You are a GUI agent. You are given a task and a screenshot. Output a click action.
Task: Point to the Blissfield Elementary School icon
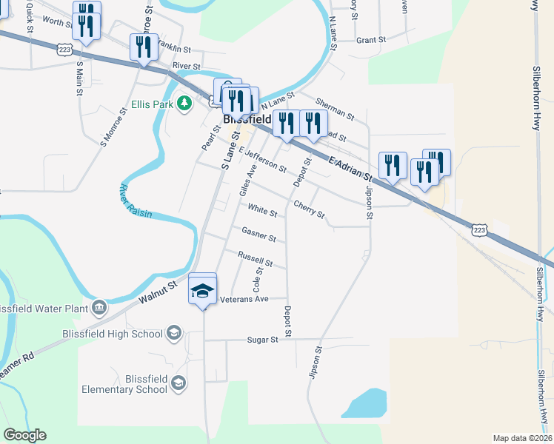click(178, 383)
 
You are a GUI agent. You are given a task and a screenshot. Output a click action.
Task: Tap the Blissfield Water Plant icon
click(99, 307)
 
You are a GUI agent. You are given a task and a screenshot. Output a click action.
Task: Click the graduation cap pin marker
click(203, 289)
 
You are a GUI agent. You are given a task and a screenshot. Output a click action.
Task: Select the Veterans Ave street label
click(244, 299)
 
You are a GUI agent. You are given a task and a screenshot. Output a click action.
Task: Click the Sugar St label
click(263, 340)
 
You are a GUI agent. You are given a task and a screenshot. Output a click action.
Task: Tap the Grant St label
click(371, 40)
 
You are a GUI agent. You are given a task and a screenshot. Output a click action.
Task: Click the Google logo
click(24, 435)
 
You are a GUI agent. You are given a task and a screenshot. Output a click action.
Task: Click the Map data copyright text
click(522, 437)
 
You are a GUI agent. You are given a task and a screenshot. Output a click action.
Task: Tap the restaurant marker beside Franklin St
click(143, 47)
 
